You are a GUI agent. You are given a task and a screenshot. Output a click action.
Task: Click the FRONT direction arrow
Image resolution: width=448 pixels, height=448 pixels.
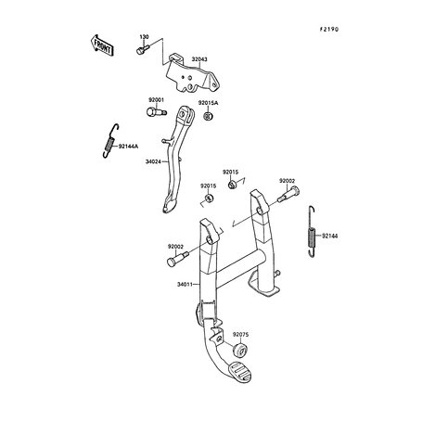coord(102,45)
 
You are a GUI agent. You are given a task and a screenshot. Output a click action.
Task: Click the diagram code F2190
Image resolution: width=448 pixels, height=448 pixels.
coord(329,30)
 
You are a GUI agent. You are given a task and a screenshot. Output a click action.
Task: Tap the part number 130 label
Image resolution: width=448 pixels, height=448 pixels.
coord(144,37)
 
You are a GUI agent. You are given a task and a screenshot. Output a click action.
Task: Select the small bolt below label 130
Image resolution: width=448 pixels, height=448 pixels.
coord(143,49)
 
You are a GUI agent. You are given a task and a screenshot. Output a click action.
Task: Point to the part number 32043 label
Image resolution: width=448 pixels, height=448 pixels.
coord(199,59)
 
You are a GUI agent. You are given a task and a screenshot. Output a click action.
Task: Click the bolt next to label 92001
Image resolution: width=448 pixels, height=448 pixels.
coord(156,111)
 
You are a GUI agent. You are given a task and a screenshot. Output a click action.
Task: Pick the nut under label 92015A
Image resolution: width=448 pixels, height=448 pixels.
coord(208,117)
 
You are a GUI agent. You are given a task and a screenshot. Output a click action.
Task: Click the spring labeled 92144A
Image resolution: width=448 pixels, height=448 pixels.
coord(110,141)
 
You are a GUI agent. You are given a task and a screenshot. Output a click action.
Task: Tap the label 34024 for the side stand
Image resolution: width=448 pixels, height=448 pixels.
coord(153,161)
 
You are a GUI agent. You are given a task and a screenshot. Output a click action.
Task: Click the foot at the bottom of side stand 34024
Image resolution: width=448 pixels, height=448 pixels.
coord(169,206)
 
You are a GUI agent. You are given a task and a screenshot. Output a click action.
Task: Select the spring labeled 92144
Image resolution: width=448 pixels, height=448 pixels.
coord(313,232)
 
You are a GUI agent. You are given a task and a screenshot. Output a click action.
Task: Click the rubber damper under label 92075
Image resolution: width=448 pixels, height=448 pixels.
coord(240,350)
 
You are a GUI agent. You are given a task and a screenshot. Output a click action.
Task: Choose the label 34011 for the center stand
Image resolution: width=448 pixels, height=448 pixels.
coord(185,284)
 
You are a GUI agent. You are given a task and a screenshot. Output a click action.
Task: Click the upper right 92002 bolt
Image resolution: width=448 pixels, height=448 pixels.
coord(288,195)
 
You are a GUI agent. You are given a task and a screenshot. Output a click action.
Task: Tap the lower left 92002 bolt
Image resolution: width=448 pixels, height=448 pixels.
coord(177,259)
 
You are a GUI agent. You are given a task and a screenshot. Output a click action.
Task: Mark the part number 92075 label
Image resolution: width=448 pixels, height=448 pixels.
coord(240,335)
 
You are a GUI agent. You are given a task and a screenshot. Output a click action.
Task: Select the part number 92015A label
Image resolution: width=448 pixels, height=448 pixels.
coord(208,103)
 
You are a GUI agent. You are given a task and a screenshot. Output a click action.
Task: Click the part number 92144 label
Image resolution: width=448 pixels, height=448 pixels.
coord(330,237)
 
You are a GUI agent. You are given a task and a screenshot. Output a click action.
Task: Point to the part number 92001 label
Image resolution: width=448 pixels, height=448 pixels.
coord(157,100)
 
